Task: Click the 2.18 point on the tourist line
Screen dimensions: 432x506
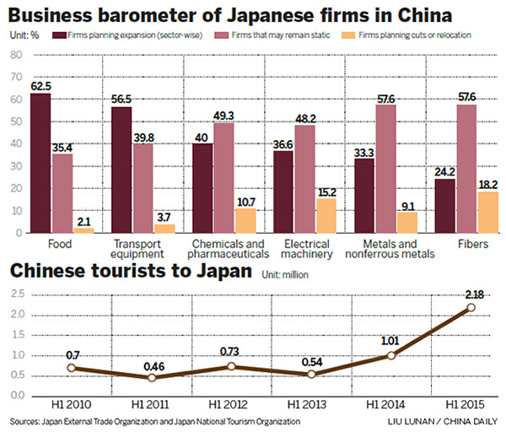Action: [471, 308]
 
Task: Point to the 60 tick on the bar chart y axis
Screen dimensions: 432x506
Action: [16, 100]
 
